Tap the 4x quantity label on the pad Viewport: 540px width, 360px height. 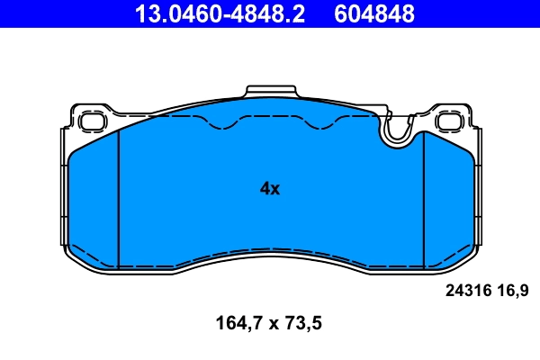270,189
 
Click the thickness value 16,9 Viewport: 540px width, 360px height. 511,291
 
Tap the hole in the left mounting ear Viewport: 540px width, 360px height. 91,121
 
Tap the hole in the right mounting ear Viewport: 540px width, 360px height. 447,121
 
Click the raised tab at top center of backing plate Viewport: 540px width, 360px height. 270,93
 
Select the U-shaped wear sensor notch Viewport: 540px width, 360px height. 397,133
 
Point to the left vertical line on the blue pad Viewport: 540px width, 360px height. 119,198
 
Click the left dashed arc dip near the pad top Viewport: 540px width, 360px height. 220,127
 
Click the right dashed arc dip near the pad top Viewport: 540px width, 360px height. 319,127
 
